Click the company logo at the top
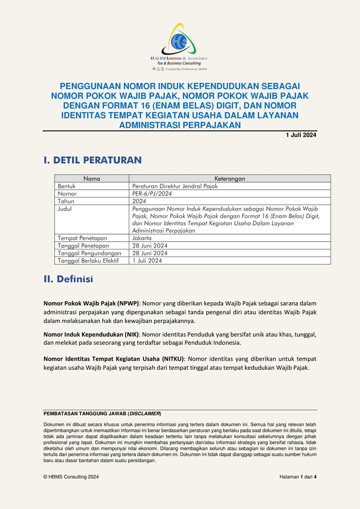[180, 46]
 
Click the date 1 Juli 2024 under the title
[301, 135]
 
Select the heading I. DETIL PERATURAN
[93, 160]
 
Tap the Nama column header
[92, 179]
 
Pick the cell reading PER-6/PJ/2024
[150, 194]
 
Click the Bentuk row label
[67, 186]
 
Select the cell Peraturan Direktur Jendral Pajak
[175, 186]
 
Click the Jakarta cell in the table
[142, 238]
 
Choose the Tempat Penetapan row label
[82, 238]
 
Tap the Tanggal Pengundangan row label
[89, 253]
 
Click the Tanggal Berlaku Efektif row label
[88, 261]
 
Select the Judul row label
[66, 209]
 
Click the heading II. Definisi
[68, 279]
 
